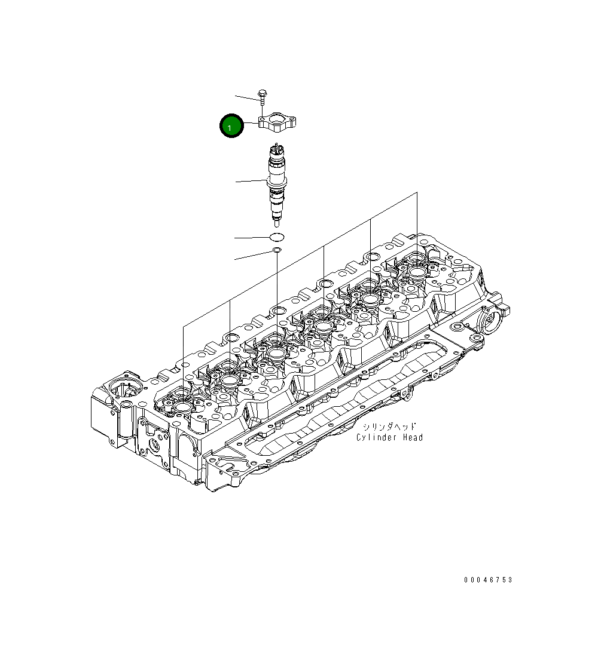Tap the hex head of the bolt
pos(263,93)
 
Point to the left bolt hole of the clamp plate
pos(262,123)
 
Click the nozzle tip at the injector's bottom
pos(276,223)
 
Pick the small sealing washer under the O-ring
pos(277,250)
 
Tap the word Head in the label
pos(413,438)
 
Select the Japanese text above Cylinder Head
pos(388,427)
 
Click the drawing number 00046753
pos(488,580)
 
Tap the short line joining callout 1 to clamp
pos(251,124)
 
